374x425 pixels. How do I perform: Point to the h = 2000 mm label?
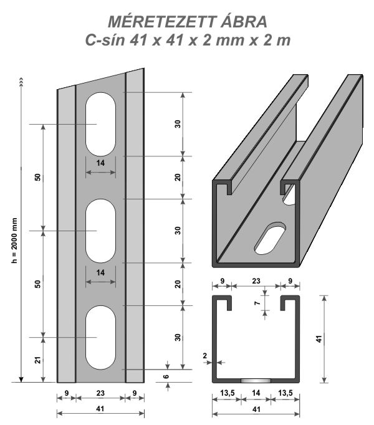[14, 241]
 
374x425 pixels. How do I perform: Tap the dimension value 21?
[37, 360]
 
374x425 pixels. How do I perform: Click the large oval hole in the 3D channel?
[272, 238]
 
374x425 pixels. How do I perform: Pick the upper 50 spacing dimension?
[37, 177]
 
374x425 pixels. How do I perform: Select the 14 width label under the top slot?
[100, 163]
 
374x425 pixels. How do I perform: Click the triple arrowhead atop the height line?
[21, 80]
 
